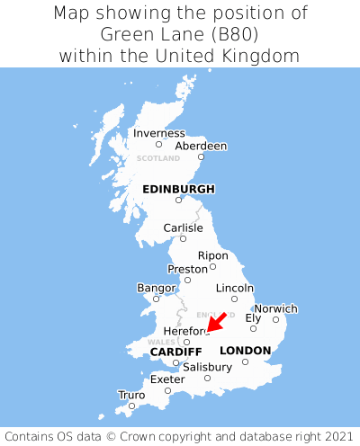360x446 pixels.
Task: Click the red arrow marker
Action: tap(216, 322)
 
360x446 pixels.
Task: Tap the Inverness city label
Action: tap(158, 133)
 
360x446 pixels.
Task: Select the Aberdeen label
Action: tap(201, 146)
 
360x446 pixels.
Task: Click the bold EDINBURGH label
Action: tap(178, 189)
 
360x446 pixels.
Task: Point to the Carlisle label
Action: tap(183, 228)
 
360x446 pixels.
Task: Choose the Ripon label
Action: tap(212, 255)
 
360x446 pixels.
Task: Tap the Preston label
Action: tap(187, 269)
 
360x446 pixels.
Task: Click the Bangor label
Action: tap(156, 288)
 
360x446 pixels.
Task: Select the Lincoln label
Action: tap(235, 288)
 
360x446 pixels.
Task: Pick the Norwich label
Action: tap(275, 308)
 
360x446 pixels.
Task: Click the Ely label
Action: tap(253, 317)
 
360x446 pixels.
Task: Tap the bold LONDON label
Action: tap(245, 350)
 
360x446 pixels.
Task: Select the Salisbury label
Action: tap(207, 367)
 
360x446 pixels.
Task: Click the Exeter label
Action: tap(167, 379)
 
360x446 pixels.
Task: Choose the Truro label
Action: tap(131, 395)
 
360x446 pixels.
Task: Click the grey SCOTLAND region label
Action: tap(158, 158)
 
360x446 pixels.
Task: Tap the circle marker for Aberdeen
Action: tap(202, 157)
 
